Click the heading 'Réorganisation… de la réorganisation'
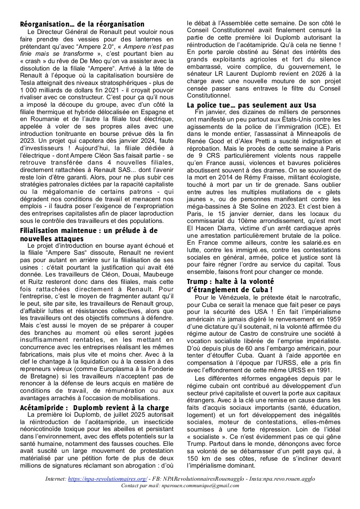pos(82,24)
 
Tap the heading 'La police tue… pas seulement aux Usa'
pos(251,105)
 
